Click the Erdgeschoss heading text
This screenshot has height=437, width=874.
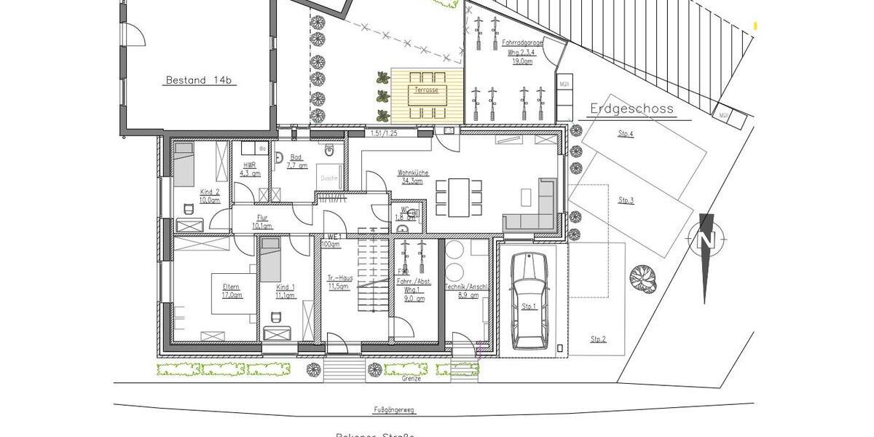[x=630, y=110]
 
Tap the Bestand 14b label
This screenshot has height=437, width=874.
[x=198, y=80]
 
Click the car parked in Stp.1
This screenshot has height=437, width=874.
[x=529, y=302]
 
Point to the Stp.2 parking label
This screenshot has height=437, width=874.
[x=599, y=339]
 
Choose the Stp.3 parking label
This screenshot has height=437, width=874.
[x=626, y=200]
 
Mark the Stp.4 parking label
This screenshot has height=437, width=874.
[x=626, y=134]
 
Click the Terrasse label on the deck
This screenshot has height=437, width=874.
[x=426, y=90]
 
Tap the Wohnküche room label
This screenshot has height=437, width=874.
[x=412, y=173]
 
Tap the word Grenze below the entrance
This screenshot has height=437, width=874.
[x=411, y=379]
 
